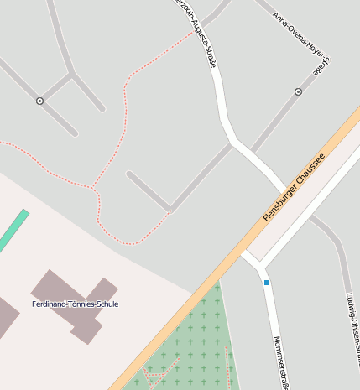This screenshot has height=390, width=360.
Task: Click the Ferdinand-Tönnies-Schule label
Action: coord(75,304)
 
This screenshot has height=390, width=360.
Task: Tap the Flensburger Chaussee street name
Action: coord(294,189)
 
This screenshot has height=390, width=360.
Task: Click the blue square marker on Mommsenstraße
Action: coord(267,283)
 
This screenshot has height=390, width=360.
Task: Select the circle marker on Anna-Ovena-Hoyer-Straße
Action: coord(298,91)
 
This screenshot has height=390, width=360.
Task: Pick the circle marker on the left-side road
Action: coord(39,101)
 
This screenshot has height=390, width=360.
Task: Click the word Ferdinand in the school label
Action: coord(49,304)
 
